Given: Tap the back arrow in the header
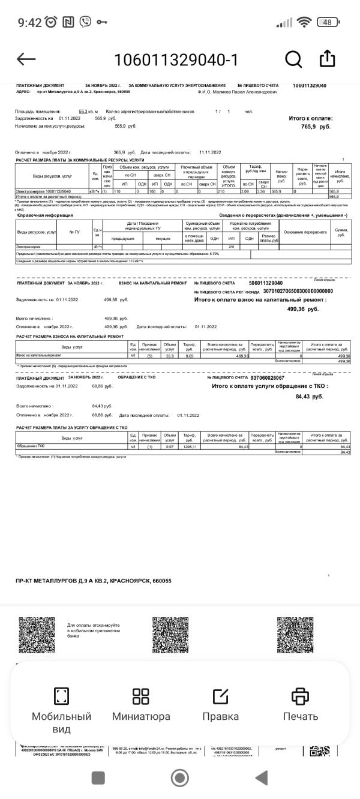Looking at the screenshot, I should click(x=26, y=59).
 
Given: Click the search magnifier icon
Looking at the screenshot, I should click(x=293, y=59).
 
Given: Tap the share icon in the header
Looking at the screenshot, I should click(x=327, y=58).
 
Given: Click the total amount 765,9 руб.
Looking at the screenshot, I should click(x=316, y=127).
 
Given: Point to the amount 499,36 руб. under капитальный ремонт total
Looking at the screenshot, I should click(x=303, y=309).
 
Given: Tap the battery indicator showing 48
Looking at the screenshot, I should click(x=327, y=22).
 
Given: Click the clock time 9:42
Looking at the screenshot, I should click(x=29, y=23).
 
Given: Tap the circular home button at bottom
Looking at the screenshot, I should click(x=179, y=778).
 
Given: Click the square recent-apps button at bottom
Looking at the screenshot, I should click(x=98, y=778).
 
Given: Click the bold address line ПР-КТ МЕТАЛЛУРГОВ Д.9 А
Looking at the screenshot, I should click(x=94, y=581).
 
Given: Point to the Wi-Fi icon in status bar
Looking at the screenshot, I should click(x=305, y=22).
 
